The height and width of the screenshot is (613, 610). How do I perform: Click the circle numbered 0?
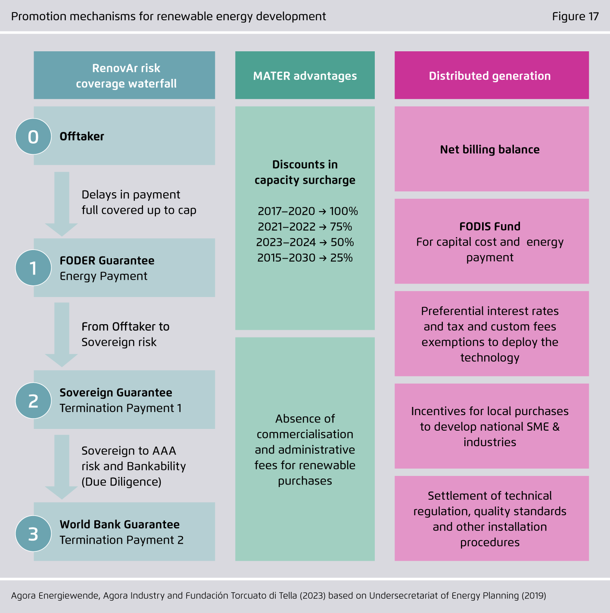coord(33,137)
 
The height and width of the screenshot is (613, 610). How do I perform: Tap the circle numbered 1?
coord(33,268)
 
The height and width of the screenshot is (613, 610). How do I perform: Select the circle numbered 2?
coord(33,400)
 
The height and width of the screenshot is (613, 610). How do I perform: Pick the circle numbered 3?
coord(33,534)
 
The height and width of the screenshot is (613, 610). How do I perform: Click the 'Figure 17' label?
coord(575,16)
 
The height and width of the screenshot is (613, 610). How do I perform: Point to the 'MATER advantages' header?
coord(305,75)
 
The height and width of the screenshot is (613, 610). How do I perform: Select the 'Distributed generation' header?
coord(492,75)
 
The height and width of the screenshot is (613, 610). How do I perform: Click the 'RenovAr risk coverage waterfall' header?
coord(124,75)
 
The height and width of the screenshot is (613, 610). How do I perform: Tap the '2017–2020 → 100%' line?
coord(308,211)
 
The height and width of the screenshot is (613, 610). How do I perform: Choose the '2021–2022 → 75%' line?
coord(305,226)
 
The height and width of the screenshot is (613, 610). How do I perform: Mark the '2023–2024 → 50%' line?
coord(305,242)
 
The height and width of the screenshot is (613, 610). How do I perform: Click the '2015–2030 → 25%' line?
coord(305,258)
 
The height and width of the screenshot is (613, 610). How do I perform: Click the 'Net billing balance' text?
coord(490,150)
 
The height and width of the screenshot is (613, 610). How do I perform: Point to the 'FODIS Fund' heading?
coord(490,226)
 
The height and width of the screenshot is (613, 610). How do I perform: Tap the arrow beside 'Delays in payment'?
coord(61,204)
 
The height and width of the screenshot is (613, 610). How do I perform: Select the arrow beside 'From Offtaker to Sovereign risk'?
coord(61,335)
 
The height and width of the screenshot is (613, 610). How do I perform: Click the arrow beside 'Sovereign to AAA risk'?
coord(61,467)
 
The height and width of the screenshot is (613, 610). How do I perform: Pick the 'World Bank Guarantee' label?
coord(120,524)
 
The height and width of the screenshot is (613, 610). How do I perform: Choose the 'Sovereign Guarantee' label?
coord(116,393)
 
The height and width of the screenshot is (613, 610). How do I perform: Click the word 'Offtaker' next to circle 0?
coord(82,136)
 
